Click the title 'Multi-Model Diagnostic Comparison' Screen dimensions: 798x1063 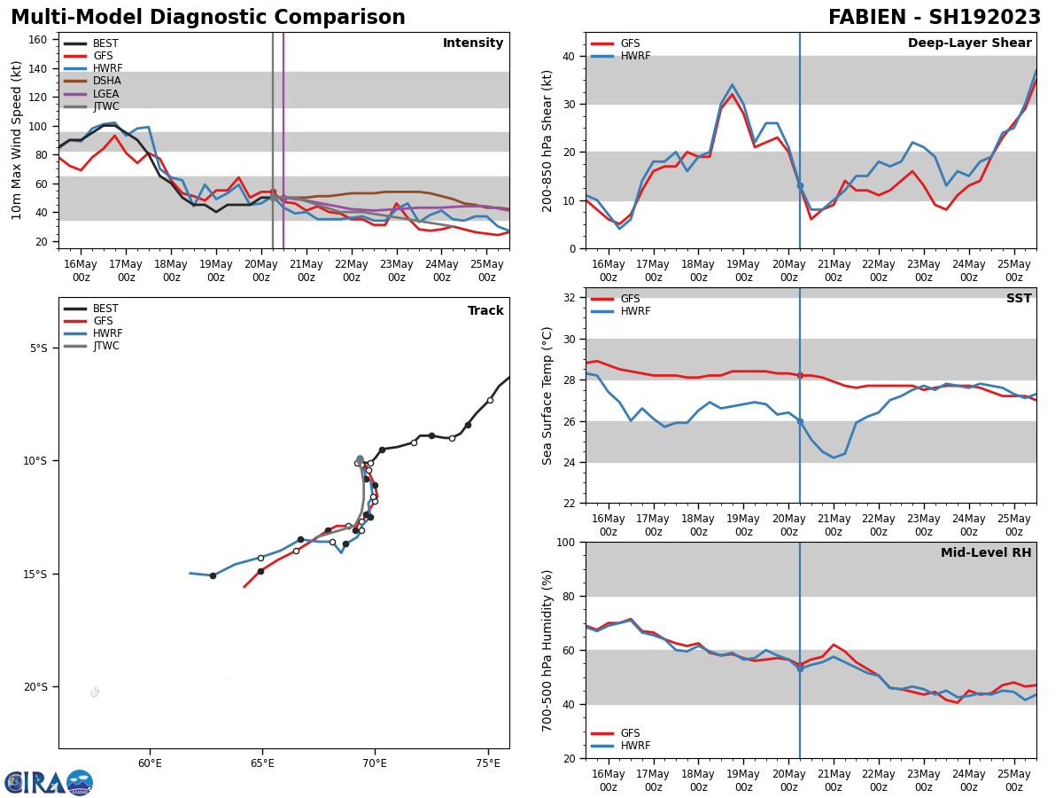tap(208, 18)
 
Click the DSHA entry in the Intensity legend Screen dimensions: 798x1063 tap(105, 81)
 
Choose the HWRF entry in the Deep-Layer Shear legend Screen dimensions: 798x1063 tap(634, 56)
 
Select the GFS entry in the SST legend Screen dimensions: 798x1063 tap(630, 299)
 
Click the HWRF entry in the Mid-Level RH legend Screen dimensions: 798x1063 tap(634, 746)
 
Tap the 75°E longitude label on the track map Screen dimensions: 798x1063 tap(487, 763)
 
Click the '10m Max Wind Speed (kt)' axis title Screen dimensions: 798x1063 tap(17, 140)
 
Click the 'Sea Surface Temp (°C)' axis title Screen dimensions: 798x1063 tap(547, 395)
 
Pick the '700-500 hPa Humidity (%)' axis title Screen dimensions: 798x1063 tap(547, 650)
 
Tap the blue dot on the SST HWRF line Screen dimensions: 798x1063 tap(800, 422)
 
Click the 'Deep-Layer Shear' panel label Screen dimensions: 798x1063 tap(969, 43)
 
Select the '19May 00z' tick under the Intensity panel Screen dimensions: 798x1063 tap(216, 270)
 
